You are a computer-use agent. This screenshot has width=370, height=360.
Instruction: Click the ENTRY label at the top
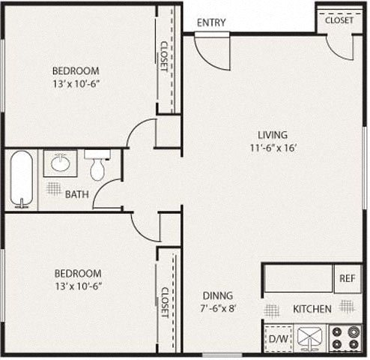[211, 22]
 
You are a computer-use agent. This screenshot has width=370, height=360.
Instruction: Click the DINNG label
[217, 295]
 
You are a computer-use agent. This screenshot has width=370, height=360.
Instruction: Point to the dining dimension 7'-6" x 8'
[217, 307]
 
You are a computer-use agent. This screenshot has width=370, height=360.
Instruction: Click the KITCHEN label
[312, 308]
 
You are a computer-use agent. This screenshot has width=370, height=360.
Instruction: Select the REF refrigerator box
[346, 278]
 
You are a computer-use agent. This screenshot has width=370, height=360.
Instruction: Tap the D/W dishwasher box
[279, 338]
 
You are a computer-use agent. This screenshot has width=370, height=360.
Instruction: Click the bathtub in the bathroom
[22, 179]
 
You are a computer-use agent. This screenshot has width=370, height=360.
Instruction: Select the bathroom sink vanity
[59, 163]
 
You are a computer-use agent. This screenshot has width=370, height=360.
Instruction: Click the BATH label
[76, 194]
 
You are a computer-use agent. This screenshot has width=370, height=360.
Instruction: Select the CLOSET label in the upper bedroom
[164, 56]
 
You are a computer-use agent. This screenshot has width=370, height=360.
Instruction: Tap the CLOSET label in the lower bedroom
[164, 302]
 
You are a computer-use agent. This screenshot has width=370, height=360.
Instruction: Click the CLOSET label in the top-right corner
[339, 20]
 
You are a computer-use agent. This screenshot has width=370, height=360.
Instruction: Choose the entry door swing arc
[210, 52]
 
